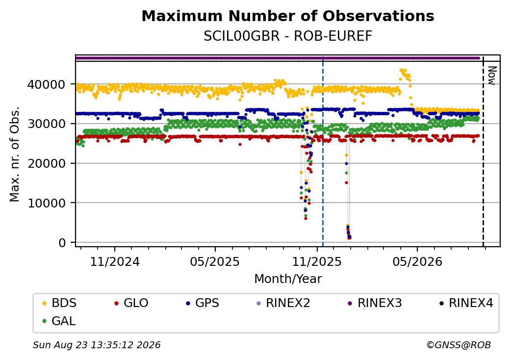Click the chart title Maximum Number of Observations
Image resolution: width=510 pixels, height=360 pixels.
coord(288,16)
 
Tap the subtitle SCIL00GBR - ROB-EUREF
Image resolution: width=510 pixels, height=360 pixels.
coord(288,36)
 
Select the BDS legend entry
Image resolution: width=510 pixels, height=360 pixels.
coord(59,303)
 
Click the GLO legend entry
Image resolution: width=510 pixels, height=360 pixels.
coord(131,303)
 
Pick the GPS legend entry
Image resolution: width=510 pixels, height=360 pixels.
coord(203,303)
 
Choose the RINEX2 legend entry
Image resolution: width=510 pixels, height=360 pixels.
coord(283,303)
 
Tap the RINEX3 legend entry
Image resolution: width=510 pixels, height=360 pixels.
coord(375,303)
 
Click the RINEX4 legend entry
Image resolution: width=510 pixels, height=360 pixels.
coord(466,303)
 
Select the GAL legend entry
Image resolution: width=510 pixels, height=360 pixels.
coord(59,321)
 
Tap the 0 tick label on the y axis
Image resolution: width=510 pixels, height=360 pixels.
coord(62,243)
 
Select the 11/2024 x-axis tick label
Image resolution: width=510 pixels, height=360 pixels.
coord(115,262)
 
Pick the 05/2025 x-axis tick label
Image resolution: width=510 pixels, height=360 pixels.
coord(215,262)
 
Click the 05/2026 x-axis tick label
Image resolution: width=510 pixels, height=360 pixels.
coord(418,262)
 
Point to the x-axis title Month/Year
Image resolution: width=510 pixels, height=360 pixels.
coord(288,279)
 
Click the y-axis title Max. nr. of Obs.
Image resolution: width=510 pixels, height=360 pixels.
coord(15,154)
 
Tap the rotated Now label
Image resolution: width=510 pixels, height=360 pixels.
coord(492,76)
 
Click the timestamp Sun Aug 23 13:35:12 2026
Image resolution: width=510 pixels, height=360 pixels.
coord(97,345)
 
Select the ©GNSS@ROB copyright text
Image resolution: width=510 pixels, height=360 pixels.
coord(459,345)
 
